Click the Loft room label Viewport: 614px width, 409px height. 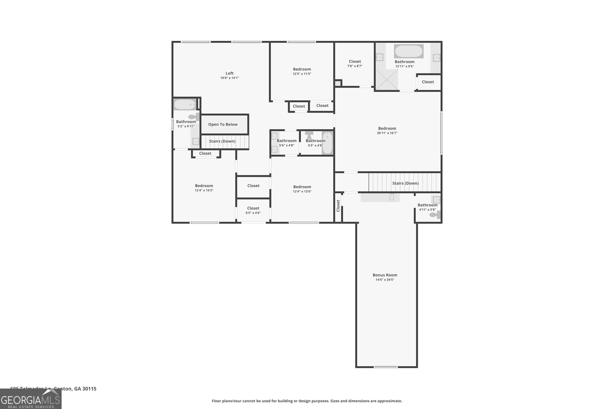(x=229, y=73)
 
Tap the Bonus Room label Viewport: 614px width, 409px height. (x=385, y=275)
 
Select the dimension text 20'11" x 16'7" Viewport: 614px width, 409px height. (x=387, y=133)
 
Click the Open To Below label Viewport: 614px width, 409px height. (x=223, y=124)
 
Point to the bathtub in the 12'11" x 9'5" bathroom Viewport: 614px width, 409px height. (x=409, y=51)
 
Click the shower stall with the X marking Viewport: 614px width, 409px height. (x=387, y=80)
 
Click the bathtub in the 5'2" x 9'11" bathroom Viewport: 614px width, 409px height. (x=185, y=104)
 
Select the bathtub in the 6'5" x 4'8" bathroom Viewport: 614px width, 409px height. (x=327, y=143)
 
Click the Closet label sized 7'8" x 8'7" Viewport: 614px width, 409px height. (x=354, y=62)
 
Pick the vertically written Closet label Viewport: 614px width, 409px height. (x=338, y=206)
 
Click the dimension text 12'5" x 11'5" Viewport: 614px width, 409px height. (x=302, y=74)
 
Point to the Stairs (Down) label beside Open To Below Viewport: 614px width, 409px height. (x=222, y=141)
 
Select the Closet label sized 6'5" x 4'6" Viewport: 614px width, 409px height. (x=253, y=208)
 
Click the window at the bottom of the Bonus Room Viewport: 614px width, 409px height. (x=386, y=367)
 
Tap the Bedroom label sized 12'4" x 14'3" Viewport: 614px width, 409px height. (x=204, y=186)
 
